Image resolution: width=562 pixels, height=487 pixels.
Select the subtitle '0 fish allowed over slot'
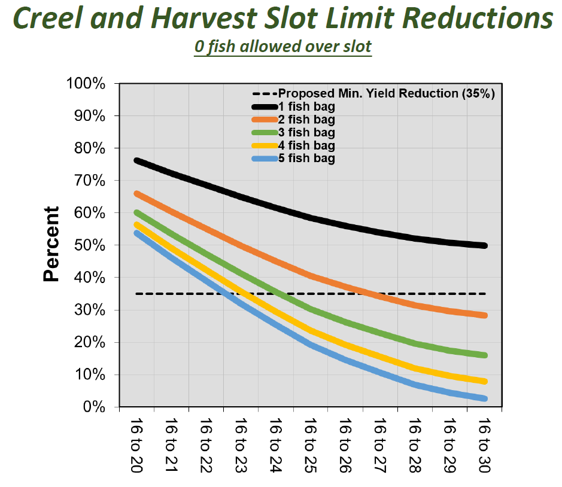pyautogui.click(x=282, y=47)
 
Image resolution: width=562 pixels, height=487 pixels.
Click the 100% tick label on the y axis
pyautogui.click(x=87, y=83)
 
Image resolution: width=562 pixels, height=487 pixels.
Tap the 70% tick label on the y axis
pyautogui.click(x=90, y=181)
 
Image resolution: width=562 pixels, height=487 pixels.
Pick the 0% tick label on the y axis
pyautogui.click(x=95, y=407)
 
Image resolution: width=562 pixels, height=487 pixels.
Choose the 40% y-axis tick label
pyautogui.click(x=90, y=278)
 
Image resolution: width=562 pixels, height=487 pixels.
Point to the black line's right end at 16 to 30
pyautogui.click(x=484, y=245)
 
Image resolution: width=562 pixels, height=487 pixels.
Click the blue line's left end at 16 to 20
pyautogui.click(x=137, y=233)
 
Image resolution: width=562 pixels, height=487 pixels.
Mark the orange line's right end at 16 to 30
pyautogui.click(x=484, y=315)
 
